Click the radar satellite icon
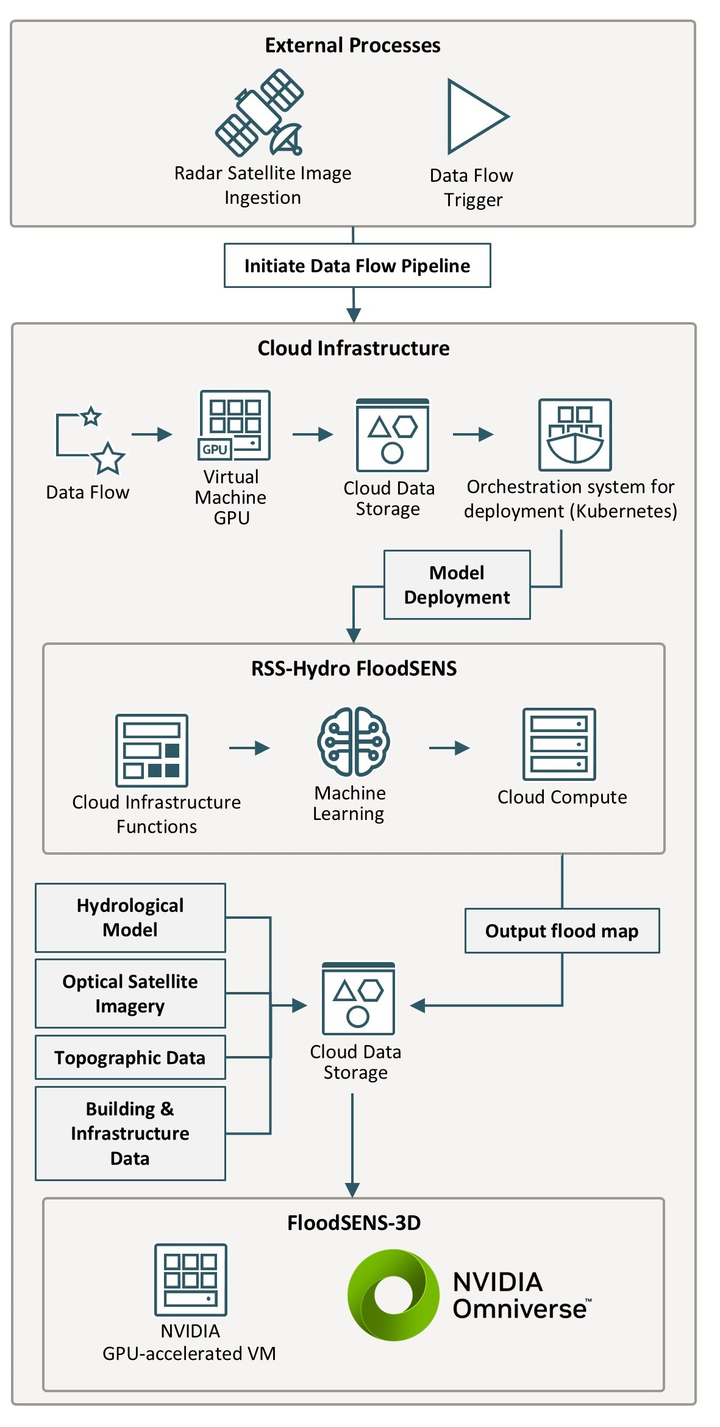[260, 113]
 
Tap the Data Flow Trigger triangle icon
[472, 117]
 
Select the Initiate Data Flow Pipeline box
[357, 265]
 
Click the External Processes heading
[352, 45]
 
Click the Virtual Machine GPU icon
[234, 425]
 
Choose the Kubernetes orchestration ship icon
[574, 434]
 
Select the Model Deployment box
[457, 584]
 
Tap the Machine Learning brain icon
[353, 741]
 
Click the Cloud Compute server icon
[559, 744]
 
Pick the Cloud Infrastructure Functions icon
[152, 750]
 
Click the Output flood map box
[561, 931]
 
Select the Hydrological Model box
[130, 918]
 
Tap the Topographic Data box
[130, 1057]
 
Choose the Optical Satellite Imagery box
[130, 993]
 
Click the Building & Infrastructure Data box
[130, 1133]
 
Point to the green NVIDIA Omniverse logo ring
[393, 1294]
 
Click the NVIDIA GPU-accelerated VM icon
[190, 1279]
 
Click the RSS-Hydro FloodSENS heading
[354, 669]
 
